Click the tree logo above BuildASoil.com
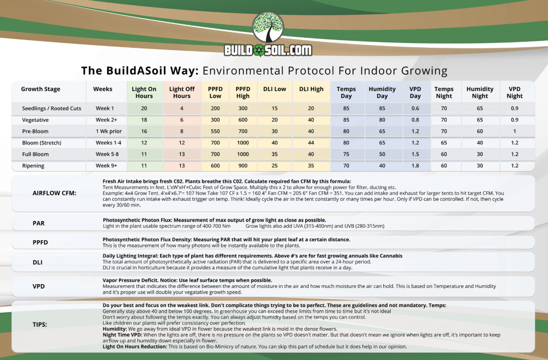[268, 27]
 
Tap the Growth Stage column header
[41, 89]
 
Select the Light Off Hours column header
[182, 93]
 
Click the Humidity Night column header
[480, 93]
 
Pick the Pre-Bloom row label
[35, 131]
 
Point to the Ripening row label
[33, 166]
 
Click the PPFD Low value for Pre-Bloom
[215, 131]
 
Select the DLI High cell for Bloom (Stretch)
[311, 143]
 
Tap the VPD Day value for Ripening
[415, 166]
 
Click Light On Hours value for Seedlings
[144, 108]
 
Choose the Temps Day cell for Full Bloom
[346, 154]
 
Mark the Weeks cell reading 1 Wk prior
[109, 131]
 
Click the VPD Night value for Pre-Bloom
[514, 131]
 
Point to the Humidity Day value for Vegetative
[382, 120]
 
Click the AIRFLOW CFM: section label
[54, 193]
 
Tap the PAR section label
[39, 223]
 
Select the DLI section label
[38, 262]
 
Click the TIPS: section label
[40, 325]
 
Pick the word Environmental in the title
[243, 71]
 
